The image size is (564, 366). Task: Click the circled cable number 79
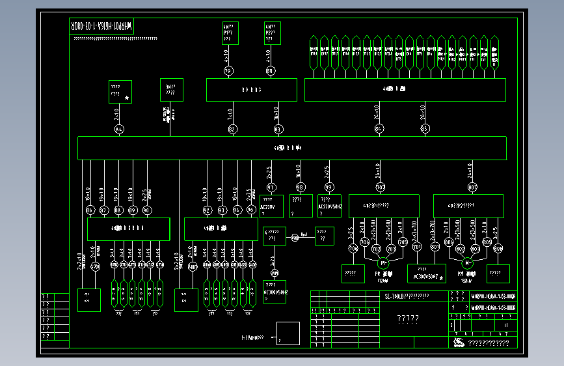[228, 71]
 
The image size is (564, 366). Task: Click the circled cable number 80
[270, 71]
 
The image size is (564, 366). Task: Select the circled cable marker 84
[379, 129]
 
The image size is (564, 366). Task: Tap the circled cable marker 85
[425, 129]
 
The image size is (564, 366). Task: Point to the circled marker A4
[118, 130]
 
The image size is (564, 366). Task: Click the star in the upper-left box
[127, 98]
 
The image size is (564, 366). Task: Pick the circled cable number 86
[90, 210]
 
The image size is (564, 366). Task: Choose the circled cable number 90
[146, 210]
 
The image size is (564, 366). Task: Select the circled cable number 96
[250, 210]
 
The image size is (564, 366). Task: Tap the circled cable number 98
[299, 187]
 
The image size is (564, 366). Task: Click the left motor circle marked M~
[383, 262]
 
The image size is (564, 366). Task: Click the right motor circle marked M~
[467, 262]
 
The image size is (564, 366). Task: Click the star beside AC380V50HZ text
[442, 278]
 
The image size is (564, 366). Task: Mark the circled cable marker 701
[381, 187]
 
